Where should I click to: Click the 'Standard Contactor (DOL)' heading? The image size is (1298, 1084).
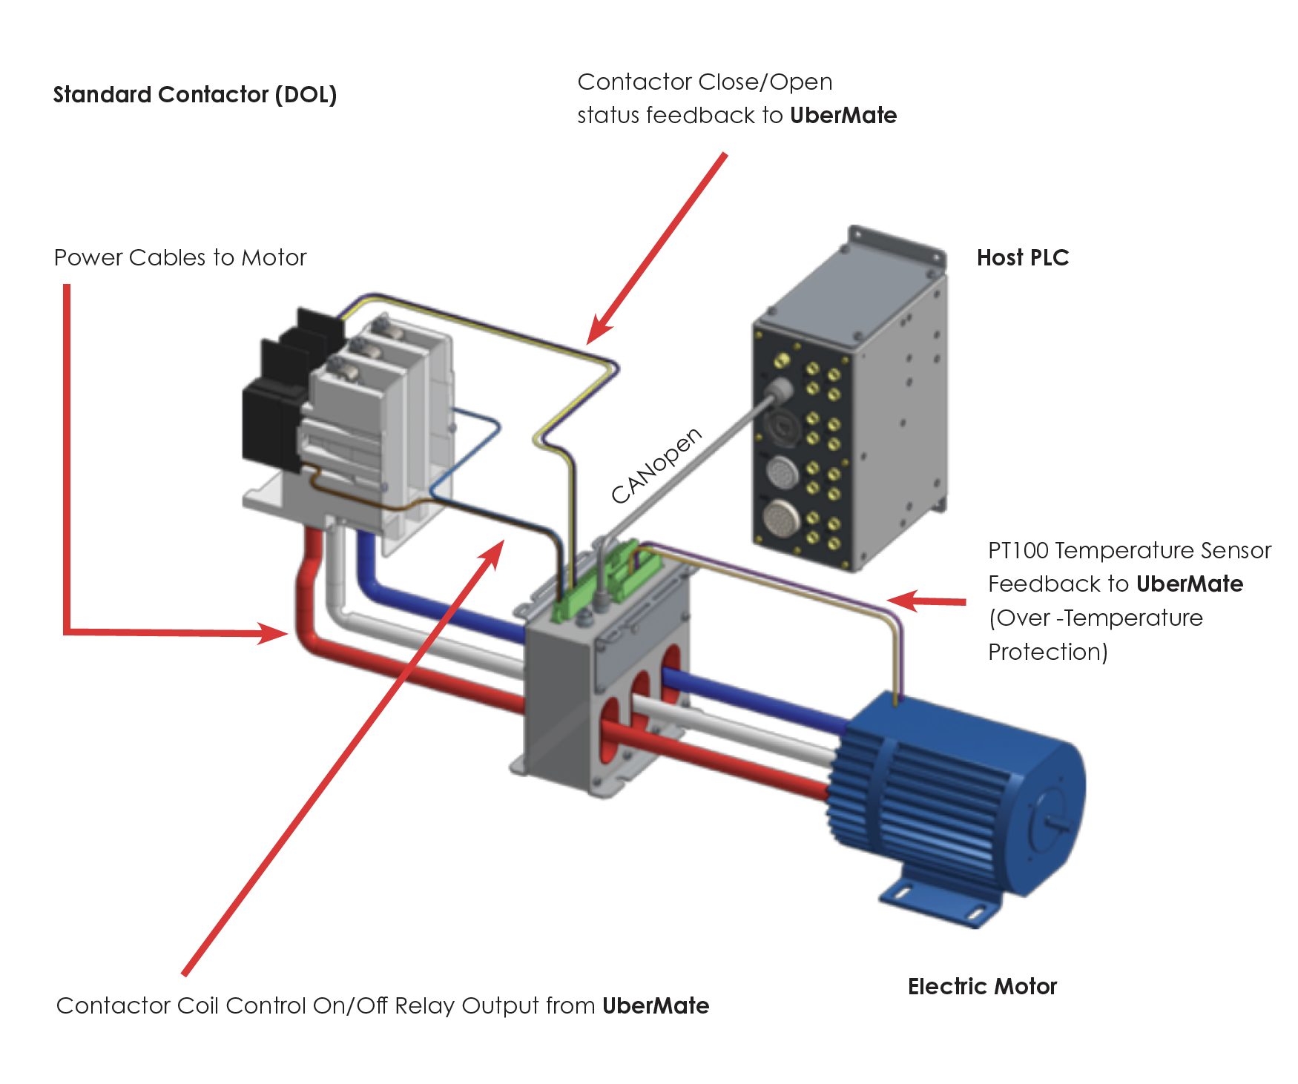(x=195, y=95)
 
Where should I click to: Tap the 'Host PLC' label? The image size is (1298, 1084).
(x=1023, y=258)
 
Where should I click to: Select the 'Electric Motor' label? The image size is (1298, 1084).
(x=982, y=987)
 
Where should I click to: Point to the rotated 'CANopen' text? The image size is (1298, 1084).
(x=656, y=466)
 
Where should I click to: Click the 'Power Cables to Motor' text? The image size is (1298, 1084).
(x=180, y=258)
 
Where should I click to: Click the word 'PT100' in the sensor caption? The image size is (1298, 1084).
(x=1018, y=551)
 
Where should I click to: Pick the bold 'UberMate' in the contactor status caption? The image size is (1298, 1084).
(x=843, y=116)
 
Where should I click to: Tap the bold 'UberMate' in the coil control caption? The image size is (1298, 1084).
(x=656, y=1006)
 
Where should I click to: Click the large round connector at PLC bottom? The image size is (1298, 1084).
(x=782, y=517)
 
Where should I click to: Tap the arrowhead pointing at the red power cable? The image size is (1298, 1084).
(x=274, y=632)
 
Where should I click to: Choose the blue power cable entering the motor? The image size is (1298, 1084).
(x=757, y=697)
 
